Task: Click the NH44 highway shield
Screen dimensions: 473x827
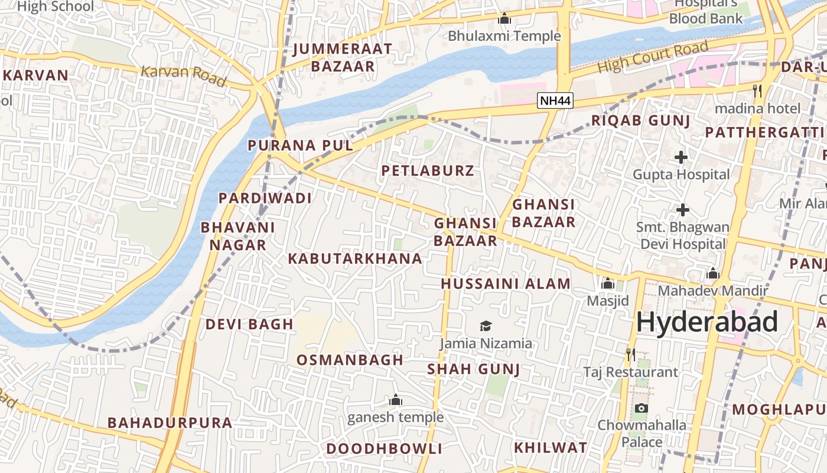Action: tap(556, 101)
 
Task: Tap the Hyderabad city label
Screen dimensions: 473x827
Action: tap(706, 323)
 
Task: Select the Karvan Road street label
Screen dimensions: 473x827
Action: tap(183, 75)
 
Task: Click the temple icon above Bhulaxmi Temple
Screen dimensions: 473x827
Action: tap(504, 19)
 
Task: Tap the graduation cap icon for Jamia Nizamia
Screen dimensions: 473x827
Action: tap(486, 326)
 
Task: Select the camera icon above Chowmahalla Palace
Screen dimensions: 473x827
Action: tap(641, 408)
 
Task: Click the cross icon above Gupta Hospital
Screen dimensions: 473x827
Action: tap(681, 157)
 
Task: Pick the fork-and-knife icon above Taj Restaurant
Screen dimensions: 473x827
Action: tap(631, 355)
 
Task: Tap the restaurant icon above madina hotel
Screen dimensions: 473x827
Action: tap(757, 91)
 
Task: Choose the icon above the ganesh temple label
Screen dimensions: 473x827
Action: tap(396, 400)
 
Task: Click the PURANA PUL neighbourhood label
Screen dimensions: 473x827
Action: tap(300, 145)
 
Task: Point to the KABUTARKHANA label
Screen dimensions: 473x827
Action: tap(355, 258)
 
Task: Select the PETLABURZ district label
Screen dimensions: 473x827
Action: tap(428, 171)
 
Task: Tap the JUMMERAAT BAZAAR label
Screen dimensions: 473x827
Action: tap(343, 57)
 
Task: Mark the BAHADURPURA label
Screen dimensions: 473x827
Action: tap(170, 423)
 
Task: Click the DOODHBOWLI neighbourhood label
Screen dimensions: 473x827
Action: tap(384, 449)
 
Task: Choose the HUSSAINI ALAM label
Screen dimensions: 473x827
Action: tap(506, 284)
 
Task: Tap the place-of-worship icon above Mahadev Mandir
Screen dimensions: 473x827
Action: tap(712, 274)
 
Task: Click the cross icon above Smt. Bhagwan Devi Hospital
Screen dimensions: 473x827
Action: tap(683, 210)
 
